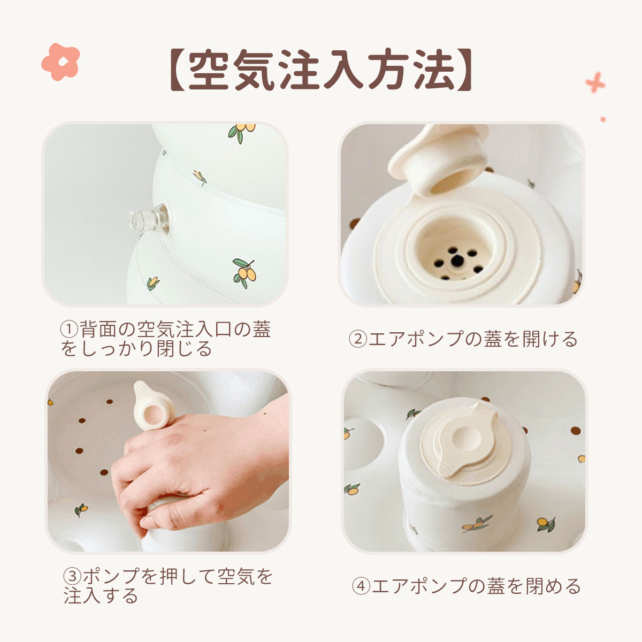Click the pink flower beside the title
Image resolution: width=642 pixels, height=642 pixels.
click(x=60, y=62)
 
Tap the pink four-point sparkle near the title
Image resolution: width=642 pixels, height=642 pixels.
click(x=595, y=82)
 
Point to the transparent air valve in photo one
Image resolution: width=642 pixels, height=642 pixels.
click(x=148, y=219)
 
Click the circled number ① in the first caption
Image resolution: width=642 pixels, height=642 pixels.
click(x=69, y=329)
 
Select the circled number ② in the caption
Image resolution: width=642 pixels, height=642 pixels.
click(x=357, y=340)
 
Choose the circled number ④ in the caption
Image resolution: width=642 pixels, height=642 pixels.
click(x=361, y=587)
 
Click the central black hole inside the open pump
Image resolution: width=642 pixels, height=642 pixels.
click(x=457, y=261)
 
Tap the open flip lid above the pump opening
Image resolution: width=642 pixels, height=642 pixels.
click(x=437, y=159)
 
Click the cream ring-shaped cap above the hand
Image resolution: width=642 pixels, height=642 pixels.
click(x=152, y=407)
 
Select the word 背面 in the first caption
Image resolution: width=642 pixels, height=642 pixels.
click(x=98, y=329)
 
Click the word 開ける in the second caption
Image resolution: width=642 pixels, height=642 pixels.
click(x=550, y=340)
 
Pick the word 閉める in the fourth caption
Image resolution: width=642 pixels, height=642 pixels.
click(x=553, y=587)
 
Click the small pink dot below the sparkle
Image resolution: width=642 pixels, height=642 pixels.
click(x=603, y=119)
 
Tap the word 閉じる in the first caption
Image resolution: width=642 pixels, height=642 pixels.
click(x=184, y=348)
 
